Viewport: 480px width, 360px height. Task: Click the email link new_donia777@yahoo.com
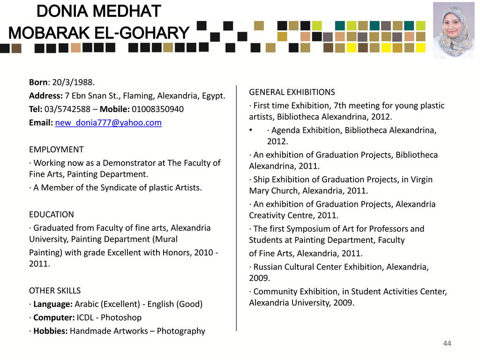pyautogui.click(x=108, y=123)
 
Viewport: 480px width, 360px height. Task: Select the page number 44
pyautogui.click(x=447, y=344)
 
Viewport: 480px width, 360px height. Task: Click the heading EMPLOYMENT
pyautogui.click(x=56, y=150)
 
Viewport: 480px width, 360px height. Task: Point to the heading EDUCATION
pyautogui.click(x=52, y=214)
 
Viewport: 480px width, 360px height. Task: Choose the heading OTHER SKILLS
pyautogui.click(x=55, y=290)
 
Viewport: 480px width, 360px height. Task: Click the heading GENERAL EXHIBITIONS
pyautogui.click(x=292, y=92)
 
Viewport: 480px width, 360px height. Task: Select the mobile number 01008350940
pyautogui.click(x=157, y=109)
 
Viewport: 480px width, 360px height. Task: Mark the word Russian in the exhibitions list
pyautogui.click(x=268, y=267)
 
